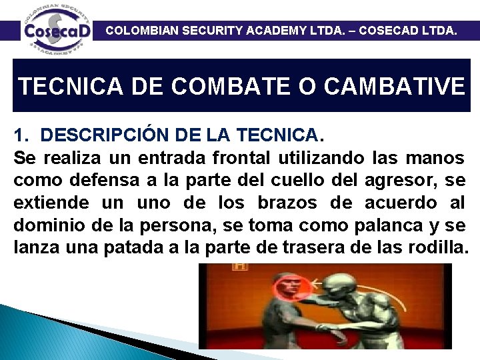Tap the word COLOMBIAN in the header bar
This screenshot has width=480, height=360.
[x=142, y=30]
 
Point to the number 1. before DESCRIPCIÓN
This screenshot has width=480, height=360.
[x=21, y=135]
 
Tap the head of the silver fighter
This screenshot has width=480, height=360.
[x=343, y=291]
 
